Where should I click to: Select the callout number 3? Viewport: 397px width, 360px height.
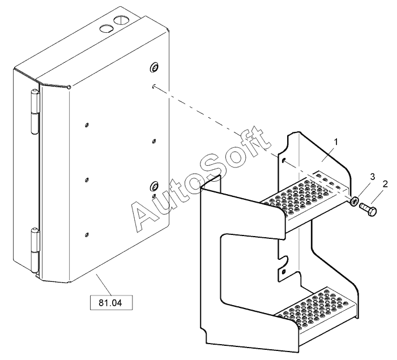click(373, 177)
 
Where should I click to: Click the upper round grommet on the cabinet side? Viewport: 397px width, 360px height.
click(153, 68)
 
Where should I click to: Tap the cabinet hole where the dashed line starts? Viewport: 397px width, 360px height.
click(155, 87)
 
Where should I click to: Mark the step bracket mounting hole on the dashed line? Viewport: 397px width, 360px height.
click(284, 161)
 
